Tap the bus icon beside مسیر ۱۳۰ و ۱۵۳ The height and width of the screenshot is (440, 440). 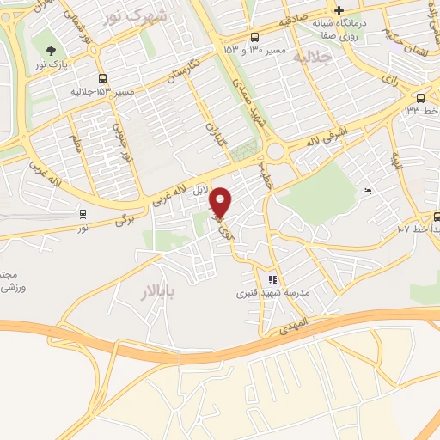(x=255, y=37)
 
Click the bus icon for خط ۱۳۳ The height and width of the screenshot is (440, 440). (x=420, y=98)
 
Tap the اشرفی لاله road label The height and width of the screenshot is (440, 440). (x=315, y=142)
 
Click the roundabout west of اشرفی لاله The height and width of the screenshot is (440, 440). (x=277, y=152)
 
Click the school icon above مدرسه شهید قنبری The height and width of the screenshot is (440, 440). (x=272, y=278)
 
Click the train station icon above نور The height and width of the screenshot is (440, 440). (x=82, y=214)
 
